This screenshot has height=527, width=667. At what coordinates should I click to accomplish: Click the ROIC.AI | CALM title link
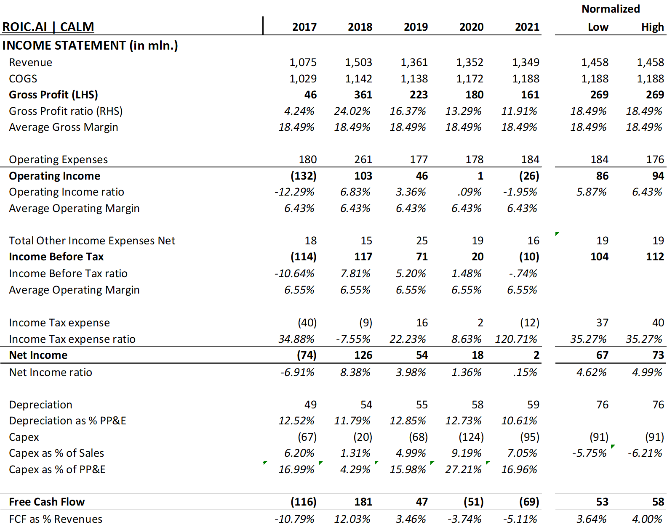48,27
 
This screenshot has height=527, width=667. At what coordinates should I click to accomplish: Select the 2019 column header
416,27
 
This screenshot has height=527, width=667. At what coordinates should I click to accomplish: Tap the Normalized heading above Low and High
611,9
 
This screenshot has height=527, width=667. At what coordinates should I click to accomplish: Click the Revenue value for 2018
358,63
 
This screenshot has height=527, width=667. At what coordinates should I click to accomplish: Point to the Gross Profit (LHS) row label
53,95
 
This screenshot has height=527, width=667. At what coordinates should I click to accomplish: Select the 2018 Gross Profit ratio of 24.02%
352,111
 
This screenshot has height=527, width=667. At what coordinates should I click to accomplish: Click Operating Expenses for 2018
363,159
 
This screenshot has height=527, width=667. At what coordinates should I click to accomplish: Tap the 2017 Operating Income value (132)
303,176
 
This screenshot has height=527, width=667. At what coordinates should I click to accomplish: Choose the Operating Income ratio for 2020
469,192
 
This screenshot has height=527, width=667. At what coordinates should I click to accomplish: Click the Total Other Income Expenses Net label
92,241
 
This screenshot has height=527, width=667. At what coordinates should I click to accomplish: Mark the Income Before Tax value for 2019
422,257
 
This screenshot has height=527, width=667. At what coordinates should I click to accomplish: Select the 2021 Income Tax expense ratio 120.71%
516,339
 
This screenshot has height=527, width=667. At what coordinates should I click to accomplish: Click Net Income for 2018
363,355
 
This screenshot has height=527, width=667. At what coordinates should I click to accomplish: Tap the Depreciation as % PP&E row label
67,421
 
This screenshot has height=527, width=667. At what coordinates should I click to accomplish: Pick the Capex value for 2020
471,437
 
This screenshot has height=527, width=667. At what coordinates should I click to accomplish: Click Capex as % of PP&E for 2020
463,469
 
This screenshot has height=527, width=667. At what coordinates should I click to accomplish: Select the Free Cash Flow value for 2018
363,502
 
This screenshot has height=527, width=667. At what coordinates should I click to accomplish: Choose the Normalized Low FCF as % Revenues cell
592,519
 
